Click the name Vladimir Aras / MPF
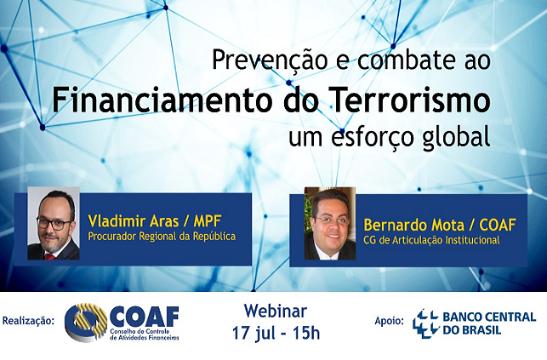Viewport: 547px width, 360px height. (155, 220)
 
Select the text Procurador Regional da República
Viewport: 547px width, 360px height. (162, 237)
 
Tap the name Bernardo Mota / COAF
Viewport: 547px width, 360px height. (439, 225)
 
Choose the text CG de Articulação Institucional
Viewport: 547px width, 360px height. (431, 240)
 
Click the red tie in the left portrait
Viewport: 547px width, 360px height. (49, 257)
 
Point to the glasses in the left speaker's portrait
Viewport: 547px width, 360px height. (54, 223)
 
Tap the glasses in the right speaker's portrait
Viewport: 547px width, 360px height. (332, 220)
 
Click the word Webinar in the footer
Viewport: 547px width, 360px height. (276, 311)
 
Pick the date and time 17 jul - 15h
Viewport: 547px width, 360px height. (276, 333)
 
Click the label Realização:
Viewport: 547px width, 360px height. (28, 321)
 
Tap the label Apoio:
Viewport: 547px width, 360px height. (390, 321)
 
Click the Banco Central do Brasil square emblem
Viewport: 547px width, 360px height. (425, 323)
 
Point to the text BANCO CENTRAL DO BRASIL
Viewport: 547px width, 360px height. (489, 323)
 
